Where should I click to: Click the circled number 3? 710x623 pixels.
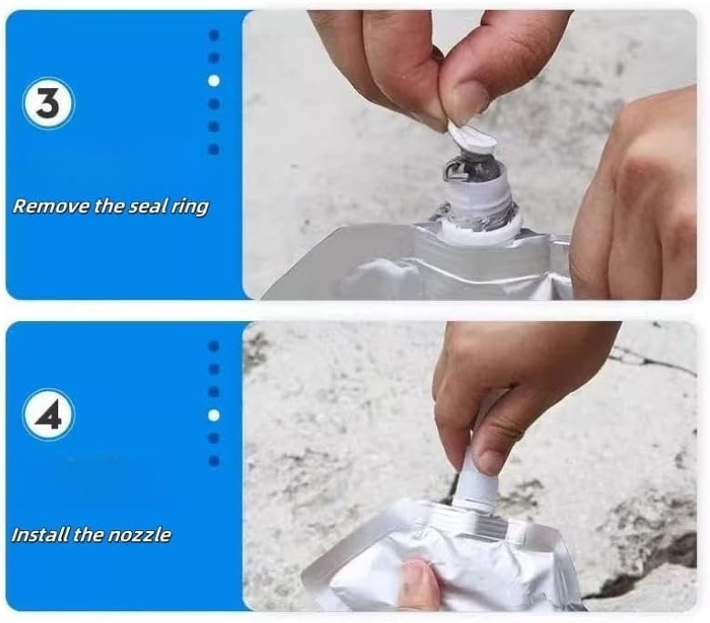[x=48, y=104]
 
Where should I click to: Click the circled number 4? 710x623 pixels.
[x=48, y=415]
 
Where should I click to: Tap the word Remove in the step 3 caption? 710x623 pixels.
[x=51, y=206]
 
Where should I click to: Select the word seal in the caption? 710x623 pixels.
[x=147, y=206]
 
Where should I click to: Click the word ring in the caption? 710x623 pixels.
[x=189, y=207]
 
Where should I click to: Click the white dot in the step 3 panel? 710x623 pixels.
[x=214, y=81]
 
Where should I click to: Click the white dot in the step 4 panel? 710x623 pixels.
[x=214, y=415]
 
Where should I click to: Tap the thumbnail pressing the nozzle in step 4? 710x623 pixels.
[x=488, y=460]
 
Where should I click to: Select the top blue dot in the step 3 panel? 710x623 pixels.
[x=214, y=35]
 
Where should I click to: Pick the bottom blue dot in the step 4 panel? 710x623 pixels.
[x=214, y=460]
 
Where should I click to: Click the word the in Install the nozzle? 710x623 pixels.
[x=89, y=535]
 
